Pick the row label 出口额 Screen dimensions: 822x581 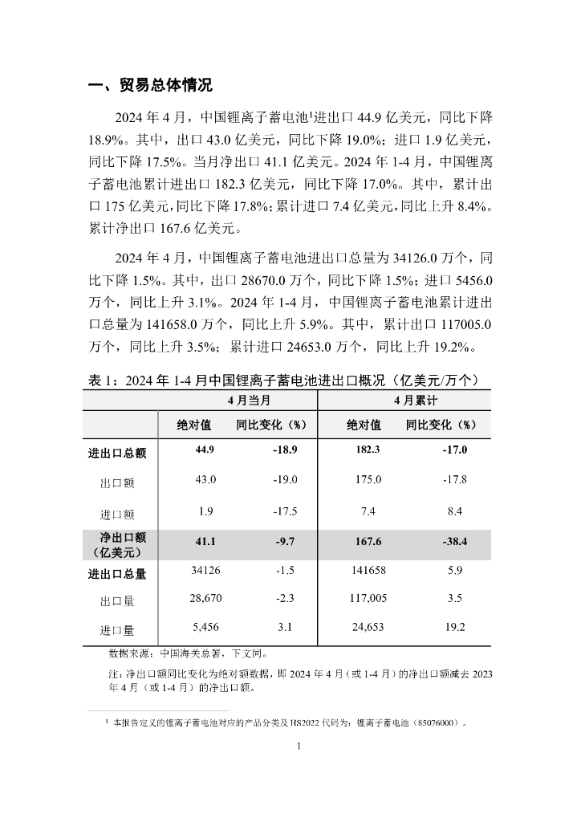[x=117, y=482]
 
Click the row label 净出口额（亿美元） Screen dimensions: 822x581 [x=117, y=544]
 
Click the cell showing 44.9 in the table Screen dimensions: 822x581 [x=205, y=450]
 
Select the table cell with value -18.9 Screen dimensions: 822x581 [x=285, y=450]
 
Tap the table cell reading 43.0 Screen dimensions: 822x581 [x=205, y=480]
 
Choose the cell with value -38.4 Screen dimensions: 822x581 [x=454, y=542]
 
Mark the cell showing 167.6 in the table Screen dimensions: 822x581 [x=368, y=542]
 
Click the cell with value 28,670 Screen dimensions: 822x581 [x=205, y=599]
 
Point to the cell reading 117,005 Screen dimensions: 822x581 [x=368, y=599]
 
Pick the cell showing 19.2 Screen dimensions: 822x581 [x=454, y=629]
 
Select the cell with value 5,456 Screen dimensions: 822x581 [x=205, y=629]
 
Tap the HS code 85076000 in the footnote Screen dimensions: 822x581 [x=435, y=723]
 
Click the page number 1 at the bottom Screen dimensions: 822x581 [x=298, y=747]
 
